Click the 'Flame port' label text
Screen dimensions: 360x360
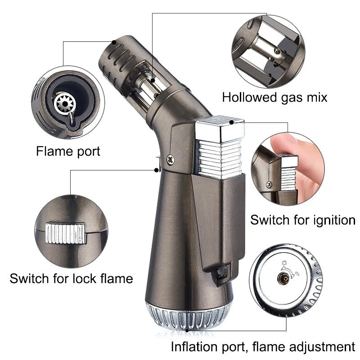(68, 151)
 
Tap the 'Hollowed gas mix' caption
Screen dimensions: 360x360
(274, 97)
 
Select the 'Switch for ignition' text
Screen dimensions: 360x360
(302, 220)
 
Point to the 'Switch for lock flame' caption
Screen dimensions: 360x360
(71, 279)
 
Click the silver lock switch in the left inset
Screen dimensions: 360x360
(66, 233)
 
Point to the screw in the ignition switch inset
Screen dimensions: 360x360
(269, 184)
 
